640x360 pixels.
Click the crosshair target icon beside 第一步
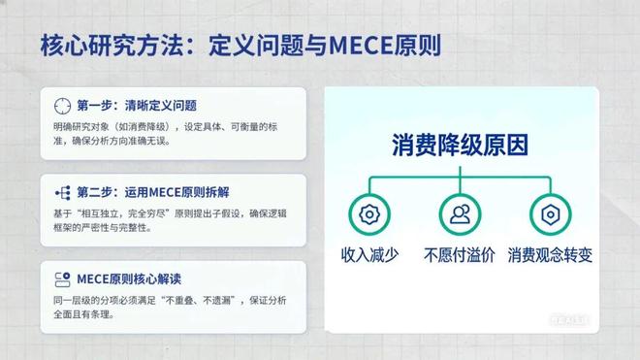point(62,106)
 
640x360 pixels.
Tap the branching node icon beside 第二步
point(62,192)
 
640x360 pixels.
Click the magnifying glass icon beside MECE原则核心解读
point(62,279)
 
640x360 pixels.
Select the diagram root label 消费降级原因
point(460,146)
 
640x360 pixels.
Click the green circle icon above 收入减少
point(368,213)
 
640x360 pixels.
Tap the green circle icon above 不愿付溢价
point(460,213)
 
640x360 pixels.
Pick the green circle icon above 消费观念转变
point(550,213)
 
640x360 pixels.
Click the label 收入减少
point(368,256)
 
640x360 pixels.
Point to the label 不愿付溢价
point(460,256)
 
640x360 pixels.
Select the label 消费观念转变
point(550,256)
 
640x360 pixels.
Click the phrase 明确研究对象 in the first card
point(79,126)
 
